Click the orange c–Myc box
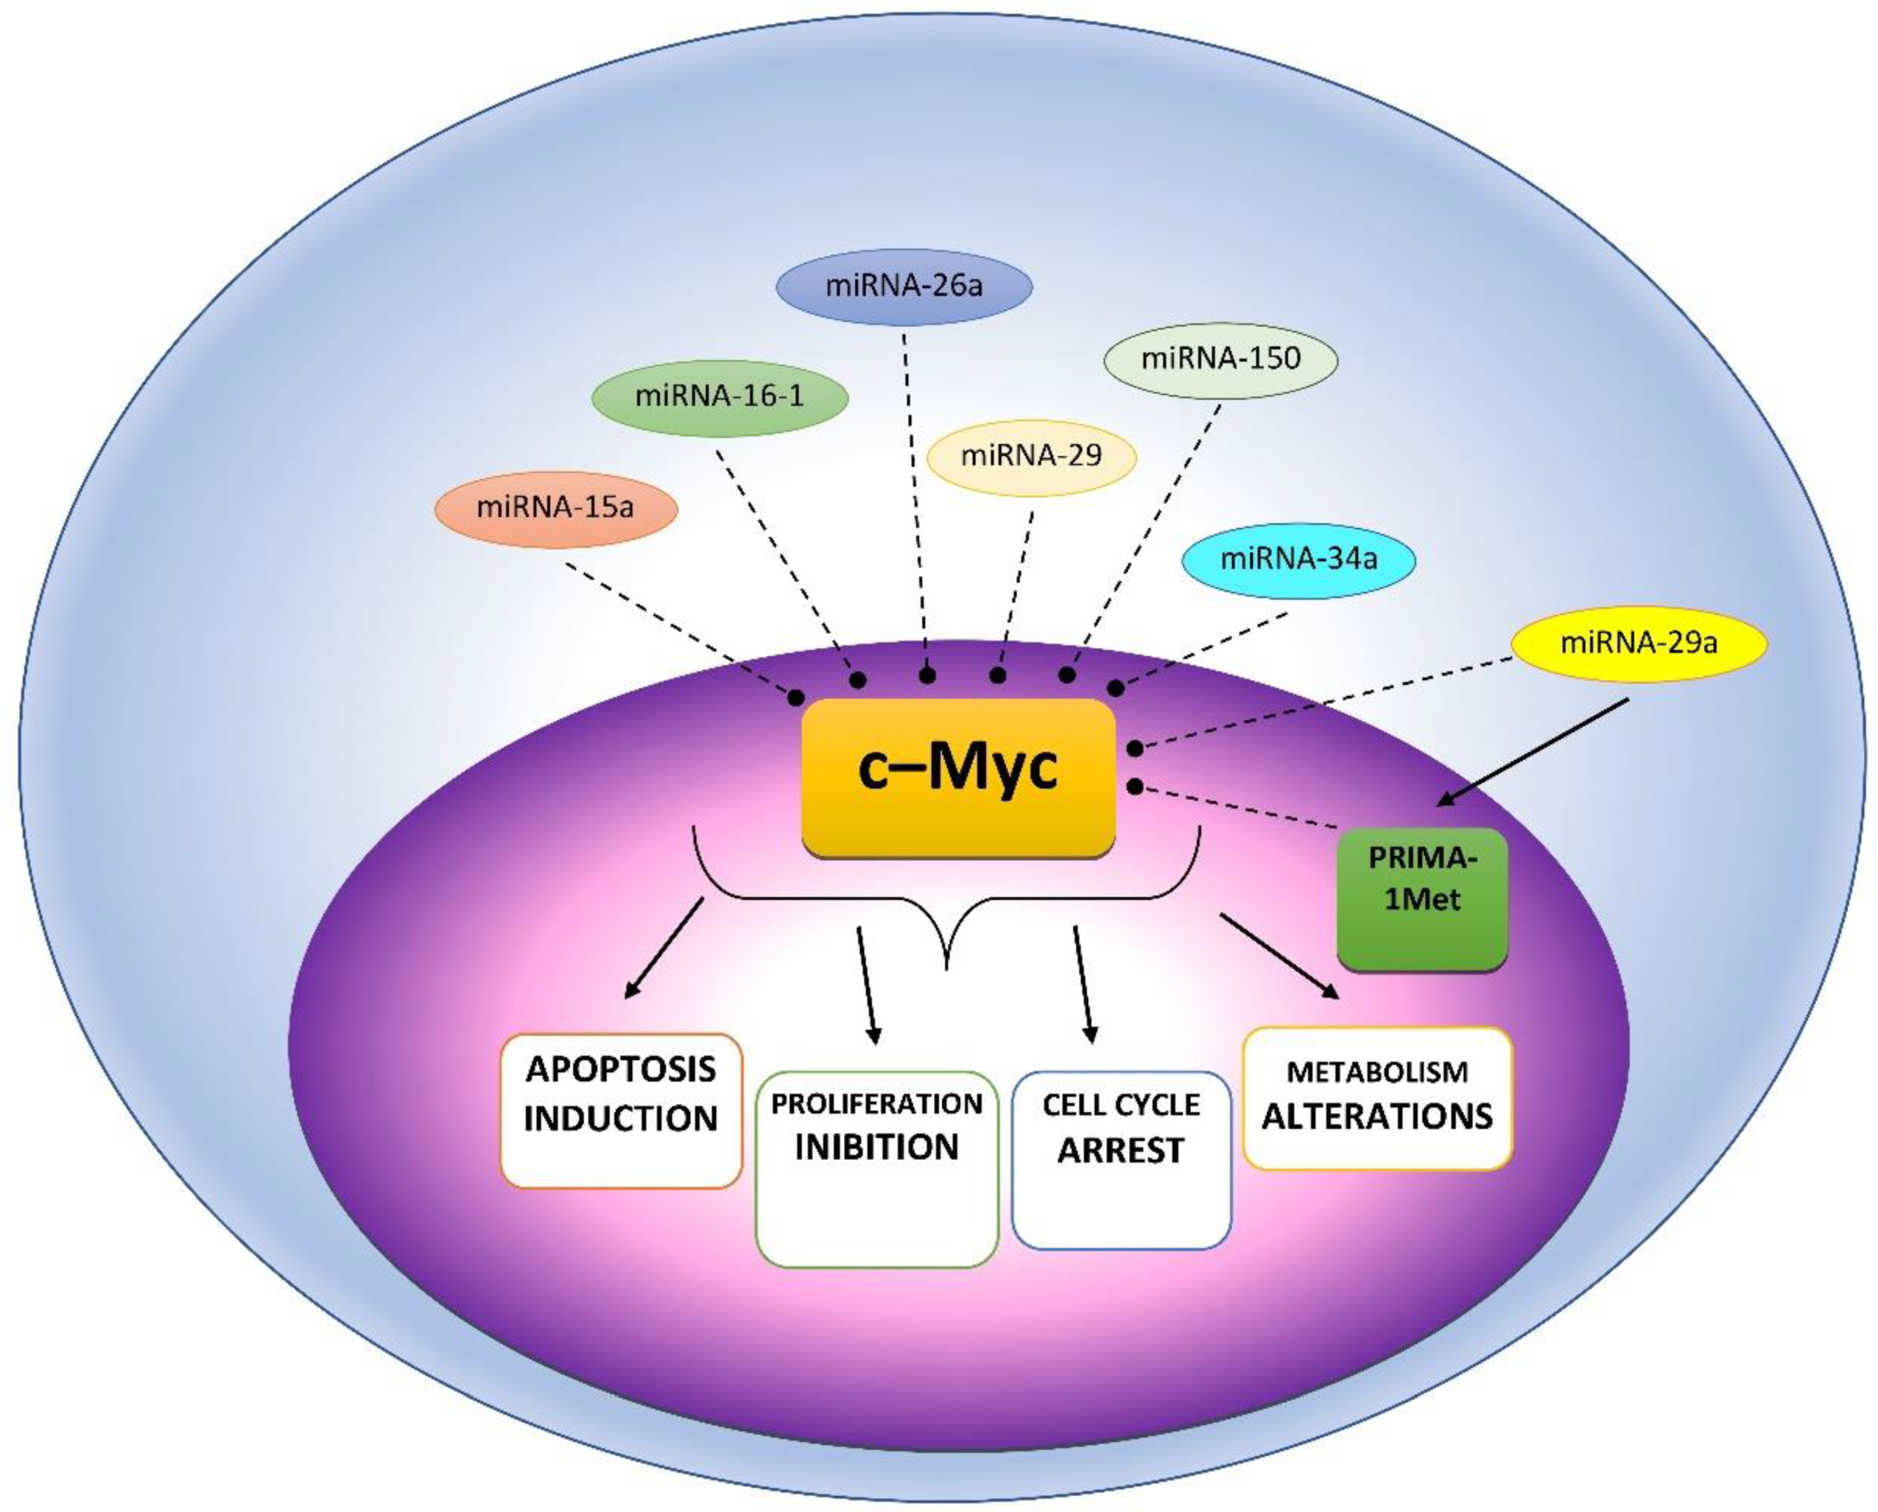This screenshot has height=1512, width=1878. [x=958, y=777]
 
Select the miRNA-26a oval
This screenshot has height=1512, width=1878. [x=904, y=286]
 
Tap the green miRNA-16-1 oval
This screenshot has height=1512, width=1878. [x=720, y=396]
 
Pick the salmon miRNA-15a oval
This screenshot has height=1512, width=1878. [x=556, y=508]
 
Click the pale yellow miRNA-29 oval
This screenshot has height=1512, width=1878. [x=1031, y=456]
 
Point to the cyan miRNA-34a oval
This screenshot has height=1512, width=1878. [x=1298, y=559]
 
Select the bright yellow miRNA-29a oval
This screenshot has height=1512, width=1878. [x=1638, y=643]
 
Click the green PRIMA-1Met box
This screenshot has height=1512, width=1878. [x=1421, y=898]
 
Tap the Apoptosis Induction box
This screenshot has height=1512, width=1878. [x=620, y=1110]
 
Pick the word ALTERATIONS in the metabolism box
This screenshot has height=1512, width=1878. [x=1377, y=1116]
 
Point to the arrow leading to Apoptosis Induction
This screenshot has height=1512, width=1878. [x=664, y=947]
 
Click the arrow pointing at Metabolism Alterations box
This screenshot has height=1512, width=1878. [x=1280, y=955]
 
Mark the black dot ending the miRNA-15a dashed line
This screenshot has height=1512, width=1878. [x=796, y=697]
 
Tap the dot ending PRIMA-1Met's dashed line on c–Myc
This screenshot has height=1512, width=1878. [x=1135, y=787]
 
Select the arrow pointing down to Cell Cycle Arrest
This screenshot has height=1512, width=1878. [x=1083, y=984]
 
